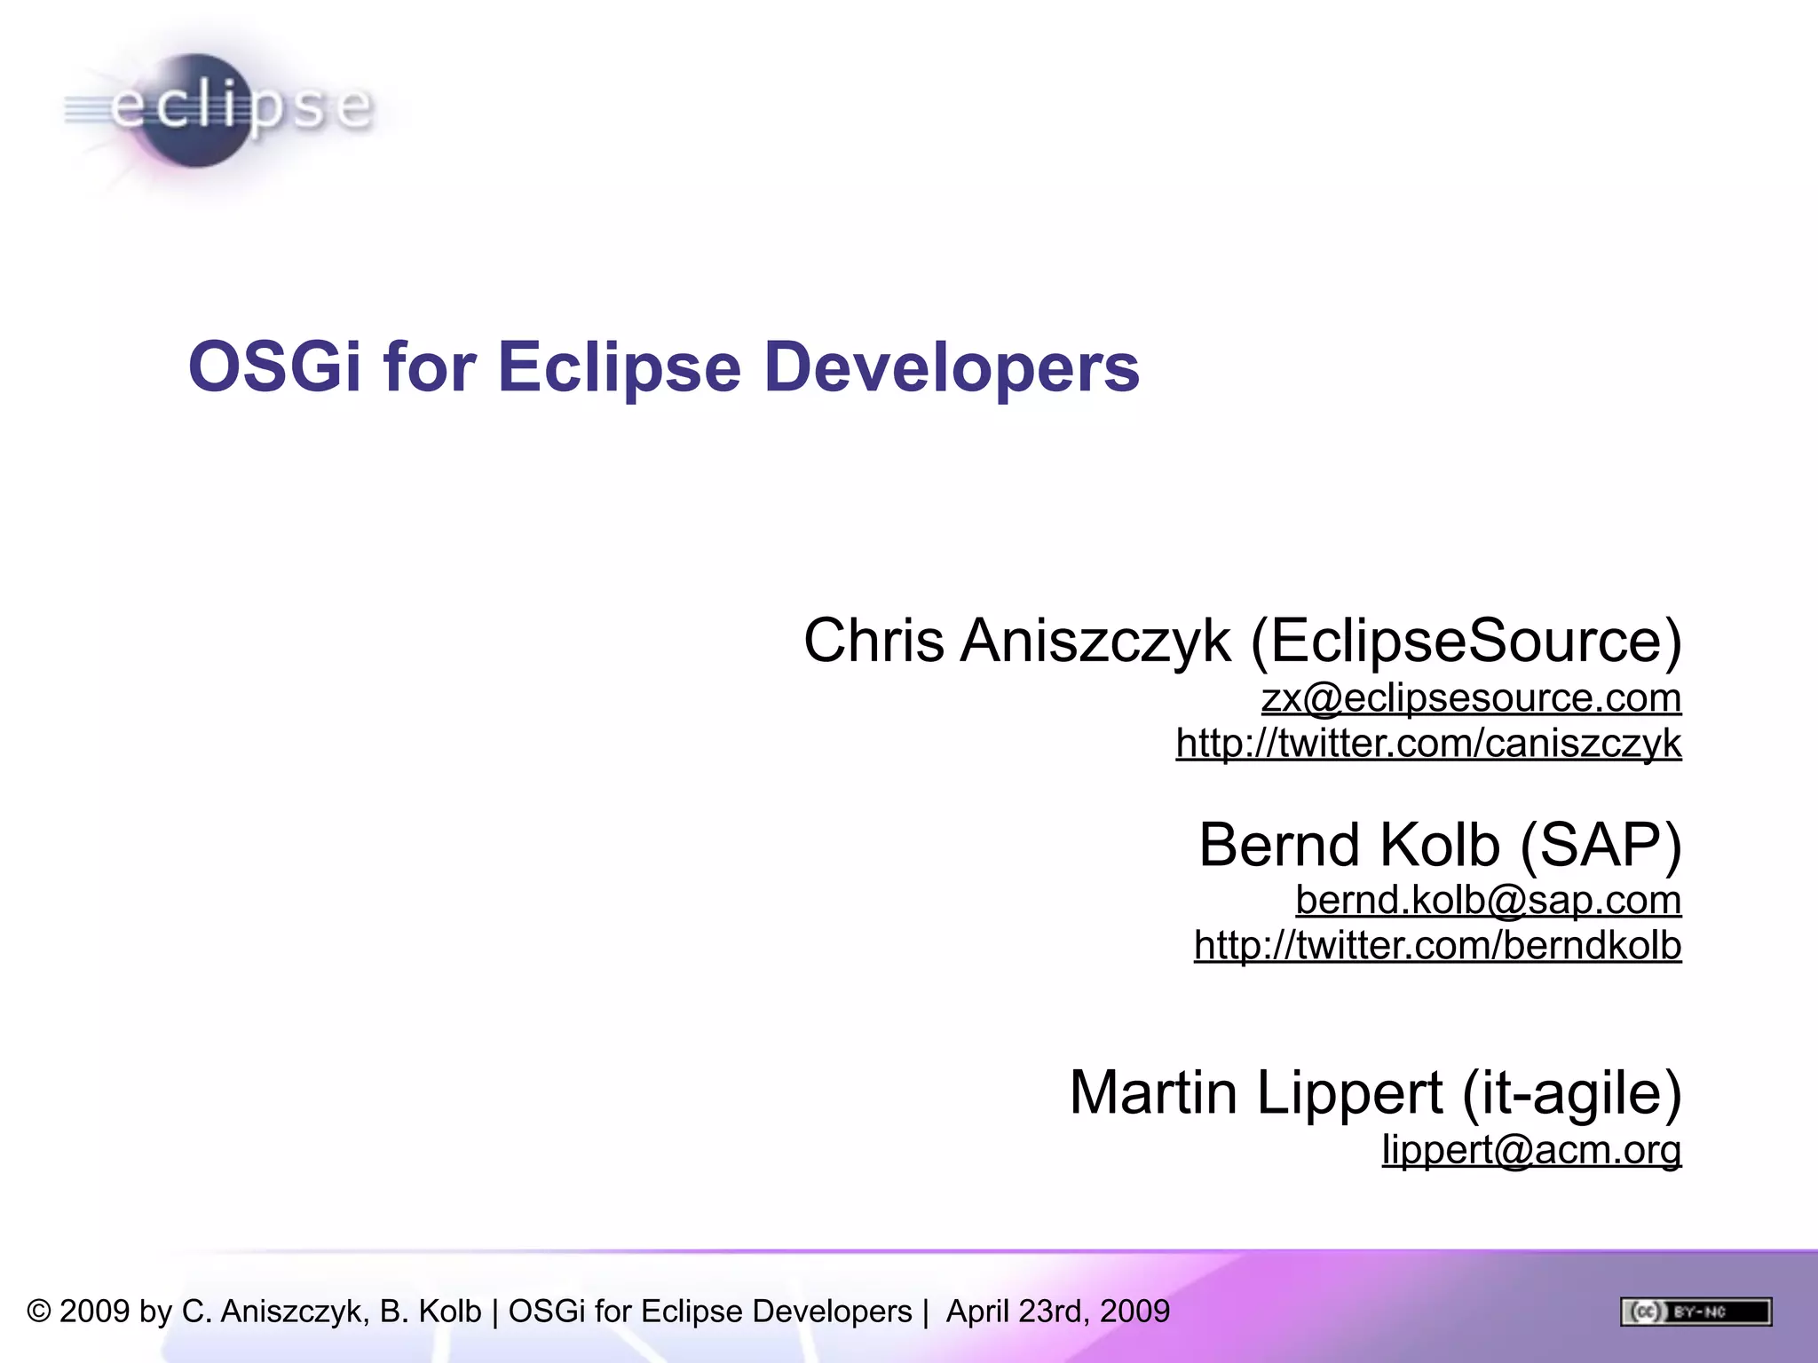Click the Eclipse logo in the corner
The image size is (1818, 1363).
click(x=217, y=110)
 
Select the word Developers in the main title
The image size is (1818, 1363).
click(x=951, y=366)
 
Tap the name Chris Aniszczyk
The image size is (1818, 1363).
click(x=1016, y=641)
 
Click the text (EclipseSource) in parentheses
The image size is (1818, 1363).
click(x=1466, y=641)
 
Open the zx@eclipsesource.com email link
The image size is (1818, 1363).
click(x=1471, y=698)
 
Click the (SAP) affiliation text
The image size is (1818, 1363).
click(x=1601, y=845)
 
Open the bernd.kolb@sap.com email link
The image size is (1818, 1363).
click(x=1488, y=901)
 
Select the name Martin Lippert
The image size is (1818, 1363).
click(x=1255, y=1093)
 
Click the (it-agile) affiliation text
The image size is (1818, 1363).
click(x=1571, y=1093)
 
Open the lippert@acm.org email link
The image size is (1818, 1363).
click(x=1531, y=1150)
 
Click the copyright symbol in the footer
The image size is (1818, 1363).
click(x=39, y=1312)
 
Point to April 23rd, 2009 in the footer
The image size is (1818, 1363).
click(x=1057, y=1312)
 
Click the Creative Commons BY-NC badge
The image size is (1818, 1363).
click(x=1695, y=1312)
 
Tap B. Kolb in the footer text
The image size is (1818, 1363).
click(x=431, y=1312)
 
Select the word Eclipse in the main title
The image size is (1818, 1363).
click(x=619, y=366)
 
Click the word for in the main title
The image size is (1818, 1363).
click(x=430, y=366)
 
